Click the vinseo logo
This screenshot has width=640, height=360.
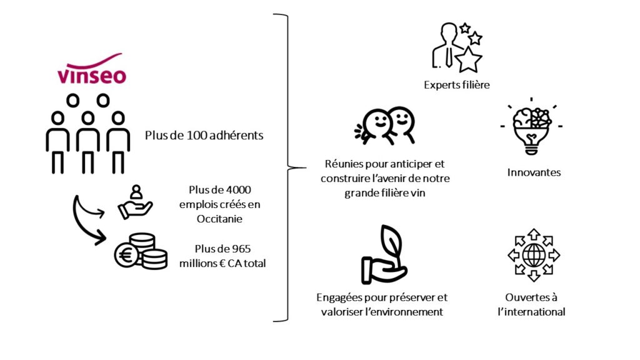coord(92,69)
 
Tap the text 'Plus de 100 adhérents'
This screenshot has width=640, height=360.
coord(204,136)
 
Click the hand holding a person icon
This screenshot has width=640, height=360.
coord(135,202)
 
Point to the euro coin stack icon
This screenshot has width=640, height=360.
coord(141,251)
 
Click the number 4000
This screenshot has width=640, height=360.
coord(238,190)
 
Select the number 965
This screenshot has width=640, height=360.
coord(241,249)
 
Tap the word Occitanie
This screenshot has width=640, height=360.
coord(219,219)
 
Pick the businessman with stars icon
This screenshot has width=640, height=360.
coord(457,47)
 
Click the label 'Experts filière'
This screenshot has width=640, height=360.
coord(457,85)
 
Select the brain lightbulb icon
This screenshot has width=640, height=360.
coord(531,126)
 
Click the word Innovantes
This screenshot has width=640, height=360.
coord(534,172)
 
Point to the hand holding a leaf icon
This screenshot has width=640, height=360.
coord(384,255)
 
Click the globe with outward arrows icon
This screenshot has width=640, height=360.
coord(534,255)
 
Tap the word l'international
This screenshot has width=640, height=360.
coord(531,312)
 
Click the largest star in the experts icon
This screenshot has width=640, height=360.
coord(468,59)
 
